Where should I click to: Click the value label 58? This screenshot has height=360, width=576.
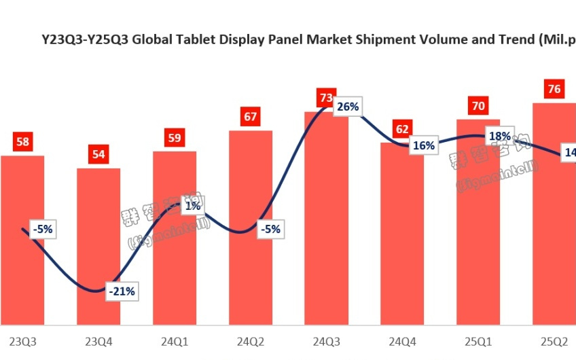[22, 142]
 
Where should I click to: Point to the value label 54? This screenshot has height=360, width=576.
[98, 154]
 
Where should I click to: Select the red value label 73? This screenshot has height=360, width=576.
[326, 98]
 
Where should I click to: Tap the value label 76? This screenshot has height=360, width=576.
[554, 89]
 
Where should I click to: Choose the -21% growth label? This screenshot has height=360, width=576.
[122, 292]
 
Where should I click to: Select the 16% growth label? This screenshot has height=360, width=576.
[422, 145]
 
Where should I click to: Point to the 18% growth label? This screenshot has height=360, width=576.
[500, 136]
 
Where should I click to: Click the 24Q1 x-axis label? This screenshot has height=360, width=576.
[175, 342]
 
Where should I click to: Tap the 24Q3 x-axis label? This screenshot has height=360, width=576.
[326, 342]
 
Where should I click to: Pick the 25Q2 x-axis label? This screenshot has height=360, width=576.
[554, 342]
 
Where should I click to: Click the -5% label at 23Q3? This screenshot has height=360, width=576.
[41, 229]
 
